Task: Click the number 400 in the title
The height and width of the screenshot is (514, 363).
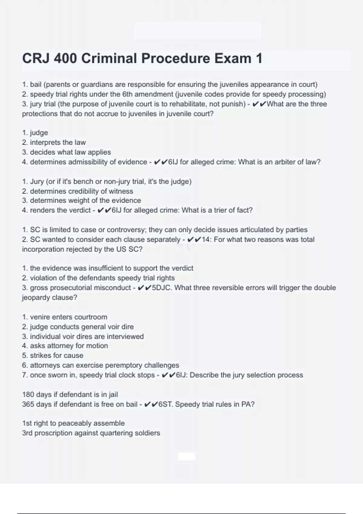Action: pos(65,58)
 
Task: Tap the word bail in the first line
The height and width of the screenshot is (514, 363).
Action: pos(36,84)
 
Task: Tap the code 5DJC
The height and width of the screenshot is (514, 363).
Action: pos(162,288)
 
